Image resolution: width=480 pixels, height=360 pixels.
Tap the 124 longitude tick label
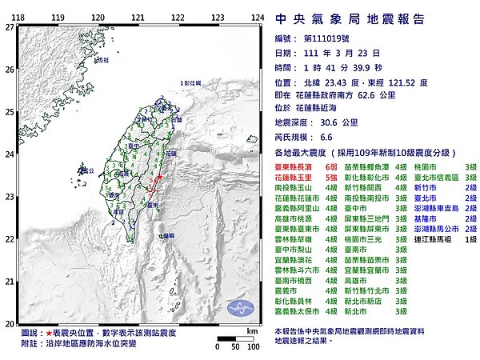(258, 17)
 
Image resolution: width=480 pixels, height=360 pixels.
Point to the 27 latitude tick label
(9, 27)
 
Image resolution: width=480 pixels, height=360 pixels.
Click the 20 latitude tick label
(9, 323)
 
